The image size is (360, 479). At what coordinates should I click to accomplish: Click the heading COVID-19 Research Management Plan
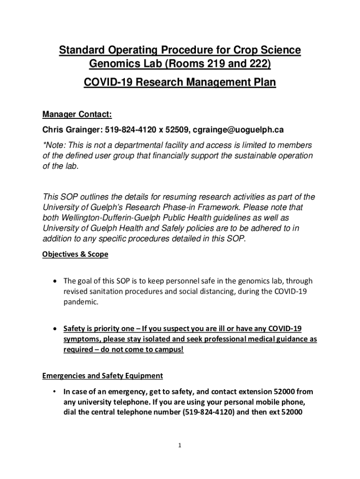click(180, 83)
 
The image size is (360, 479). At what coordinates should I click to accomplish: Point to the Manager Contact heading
click(77, 115)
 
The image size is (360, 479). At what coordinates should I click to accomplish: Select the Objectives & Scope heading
click(75, 254)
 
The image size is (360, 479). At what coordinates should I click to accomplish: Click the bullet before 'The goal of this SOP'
click(56, 281)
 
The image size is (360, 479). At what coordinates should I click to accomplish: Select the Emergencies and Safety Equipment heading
click(102, 376)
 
